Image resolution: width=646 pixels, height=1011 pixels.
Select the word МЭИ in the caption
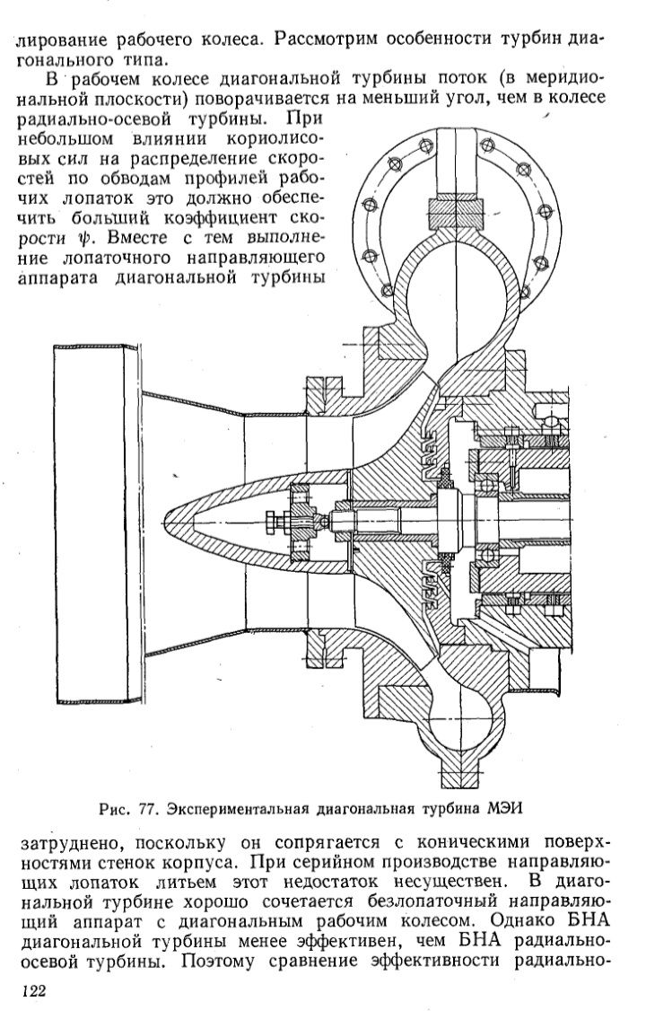(503, 807)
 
